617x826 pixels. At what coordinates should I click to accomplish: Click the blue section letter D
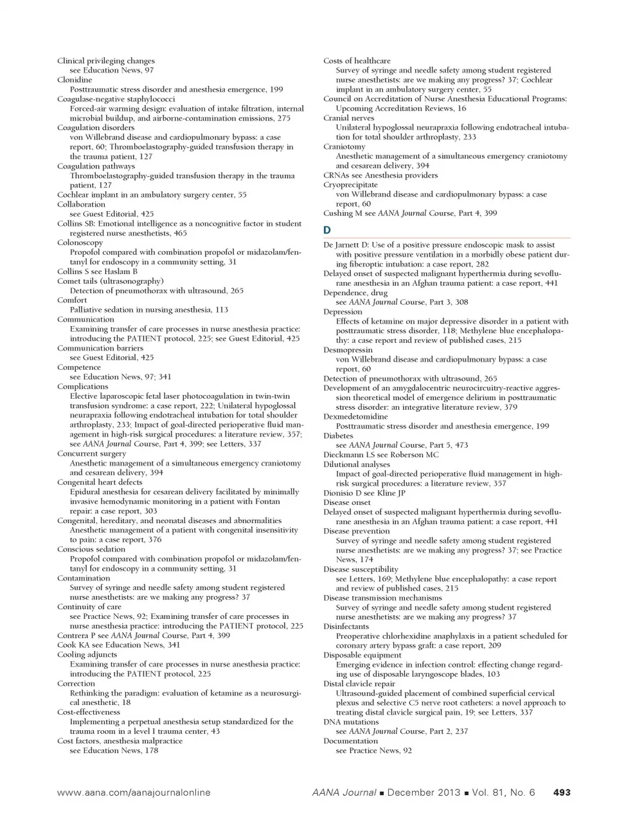coord(327,230)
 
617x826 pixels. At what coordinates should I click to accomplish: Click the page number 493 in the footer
coord(561,793)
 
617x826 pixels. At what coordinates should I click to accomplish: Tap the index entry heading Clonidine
coord(75,80)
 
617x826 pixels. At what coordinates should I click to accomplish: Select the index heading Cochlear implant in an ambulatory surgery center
coord(152,195)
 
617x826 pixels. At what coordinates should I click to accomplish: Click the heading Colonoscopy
coord(80,243)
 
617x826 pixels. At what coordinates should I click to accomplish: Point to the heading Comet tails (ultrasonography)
coord(110,281)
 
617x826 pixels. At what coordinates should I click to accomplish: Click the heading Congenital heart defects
coord(100,482)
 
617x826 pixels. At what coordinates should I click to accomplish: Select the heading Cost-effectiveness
coord(89,712)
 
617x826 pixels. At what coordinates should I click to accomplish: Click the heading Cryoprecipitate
coord(350,185)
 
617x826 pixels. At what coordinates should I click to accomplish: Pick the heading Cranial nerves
coord(348,118)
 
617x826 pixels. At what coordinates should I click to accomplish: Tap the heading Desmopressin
coord(348,350)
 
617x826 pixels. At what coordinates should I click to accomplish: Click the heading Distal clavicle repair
coord(359,684)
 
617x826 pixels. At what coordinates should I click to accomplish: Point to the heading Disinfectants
coord(346,626)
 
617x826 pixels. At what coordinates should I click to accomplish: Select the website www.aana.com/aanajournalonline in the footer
coord(134,793)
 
